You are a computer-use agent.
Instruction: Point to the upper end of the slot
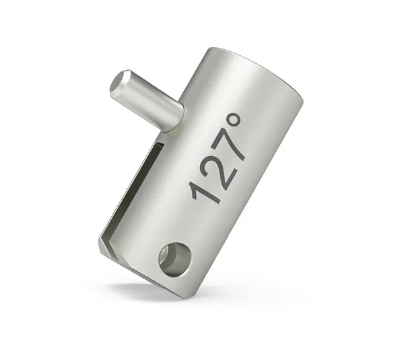(162, 141)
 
